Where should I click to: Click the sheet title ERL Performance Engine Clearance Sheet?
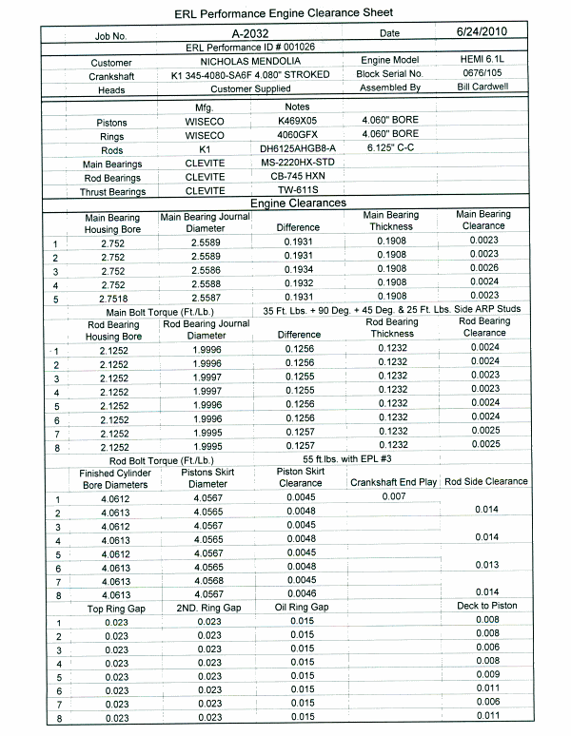tap(285, 14)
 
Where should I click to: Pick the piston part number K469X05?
tap(297, 122)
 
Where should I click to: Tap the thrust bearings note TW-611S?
tap(297, 190)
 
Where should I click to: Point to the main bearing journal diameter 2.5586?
tap(207, 270)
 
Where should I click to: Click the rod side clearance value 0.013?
tap(485, 565)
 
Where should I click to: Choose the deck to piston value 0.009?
tap(485, 674)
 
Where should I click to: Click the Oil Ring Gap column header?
tap(302, 607)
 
